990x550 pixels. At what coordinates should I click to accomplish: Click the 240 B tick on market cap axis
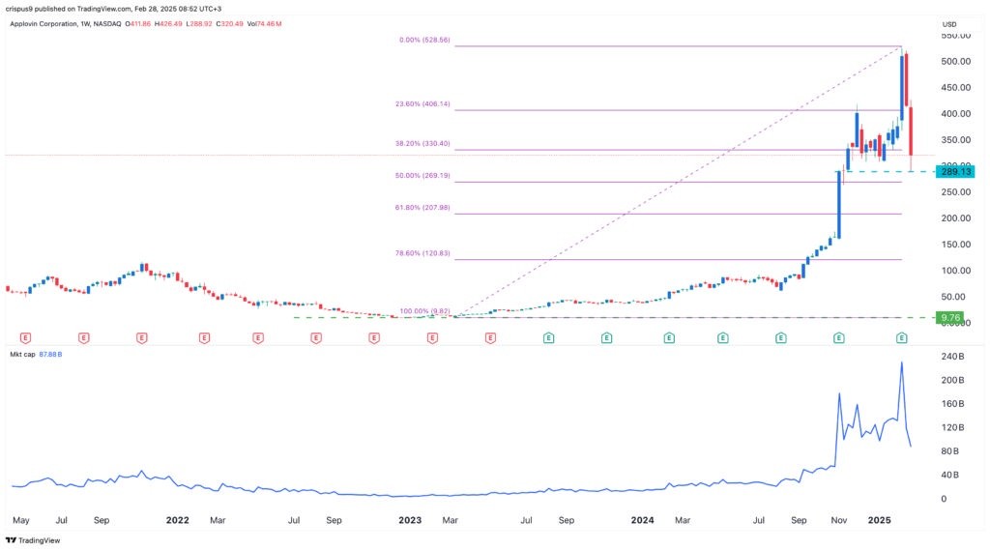coord(954,356)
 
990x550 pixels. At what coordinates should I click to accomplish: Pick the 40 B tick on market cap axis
coord(951,475)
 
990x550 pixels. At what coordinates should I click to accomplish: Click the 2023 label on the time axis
coord(410,519)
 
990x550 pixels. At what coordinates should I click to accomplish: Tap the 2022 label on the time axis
coord(177,519)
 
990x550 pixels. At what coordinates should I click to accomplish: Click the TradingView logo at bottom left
coord(34,540)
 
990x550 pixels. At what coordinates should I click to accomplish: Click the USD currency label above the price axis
coord(951,23)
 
